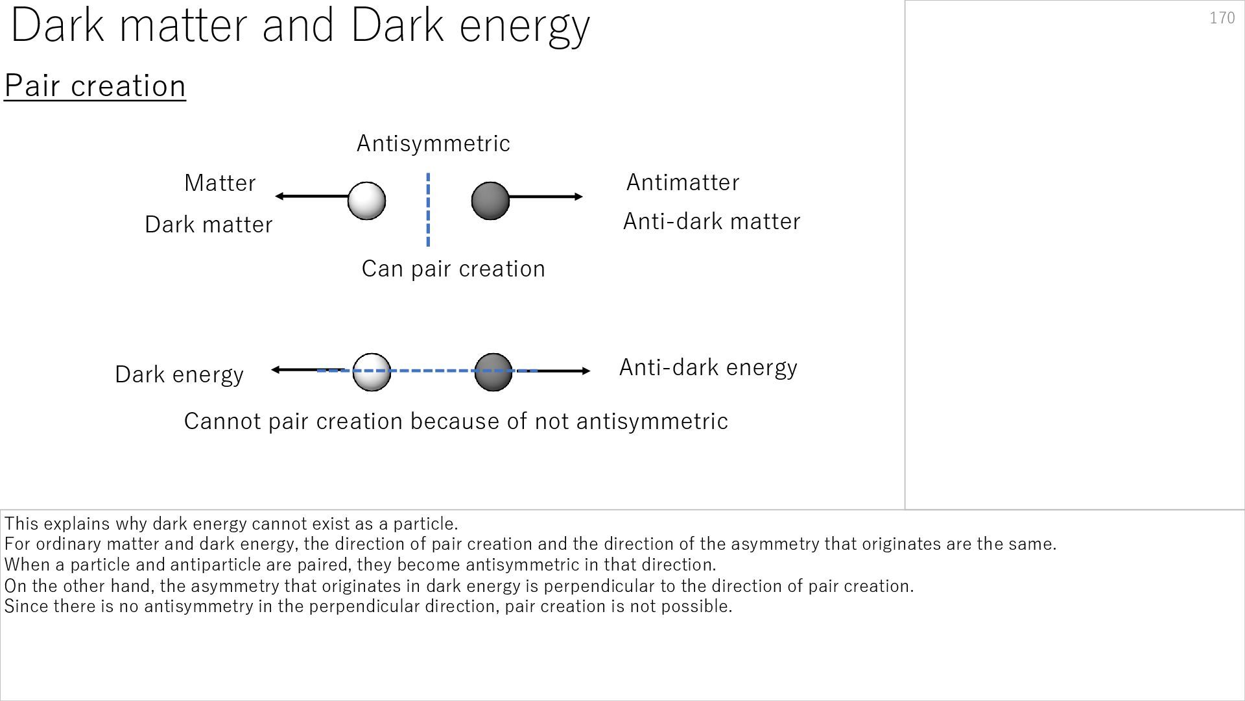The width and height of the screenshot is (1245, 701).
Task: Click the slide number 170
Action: (x=1222, y=18)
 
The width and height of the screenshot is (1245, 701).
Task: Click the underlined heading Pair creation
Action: (x=95, y=86)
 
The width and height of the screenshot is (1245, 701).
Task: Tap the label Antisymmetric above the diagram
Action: (x=433, y=143)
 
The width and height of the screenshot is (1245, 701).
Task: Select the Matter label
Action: (x=220, y=183)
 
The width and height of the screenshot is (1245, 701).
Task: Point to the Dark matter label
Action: (x=208, y=225)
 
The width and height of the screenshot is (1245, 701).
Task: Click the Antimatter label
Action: (x=682, y=182)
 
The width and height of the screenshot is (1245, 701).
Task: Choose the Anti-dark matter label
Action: (x=711, y=221)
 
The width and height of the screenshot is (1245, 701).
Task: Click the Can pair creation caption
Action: (x=453, y=269)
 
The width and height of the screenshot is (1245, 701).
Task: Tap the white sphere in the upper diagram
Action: (x=366, y=201)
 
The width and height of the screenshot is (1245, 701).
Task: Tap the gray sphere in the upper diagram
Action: (x=490, y=201)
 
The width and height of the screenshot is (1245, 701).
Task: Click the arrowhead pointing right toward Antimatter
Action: (x=578, y=197)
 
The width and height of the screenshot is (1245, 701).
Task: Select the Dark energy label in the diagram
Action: (x=179, y=375)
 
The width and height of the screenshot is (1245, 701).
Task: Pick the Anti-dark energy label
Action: (x=708, y=367)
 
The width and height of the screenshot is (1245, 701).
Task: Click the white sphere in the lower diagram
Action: (x=372, y=372)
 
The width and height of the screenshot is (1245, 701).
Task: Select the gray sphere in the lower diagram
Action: (x=493, y=372)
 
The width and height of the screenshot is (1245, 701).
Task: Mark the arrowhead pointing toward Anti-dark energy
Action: (x=586, y=371)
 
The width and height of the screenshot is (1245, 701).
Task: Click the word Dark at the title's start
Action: (x=57, y=26)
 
